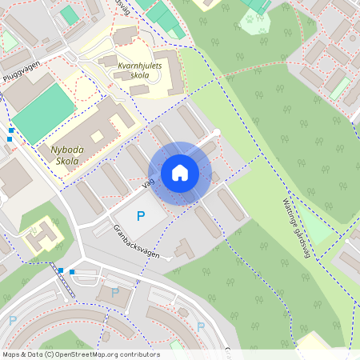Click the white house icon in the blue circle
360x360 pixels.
179,172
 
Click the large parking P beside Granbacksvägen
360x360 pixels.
141,215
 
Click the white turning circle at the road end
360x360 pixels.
216,133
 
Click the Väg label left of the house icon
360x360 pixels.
147,184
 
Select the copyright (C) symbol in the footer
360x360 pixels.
50,354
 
